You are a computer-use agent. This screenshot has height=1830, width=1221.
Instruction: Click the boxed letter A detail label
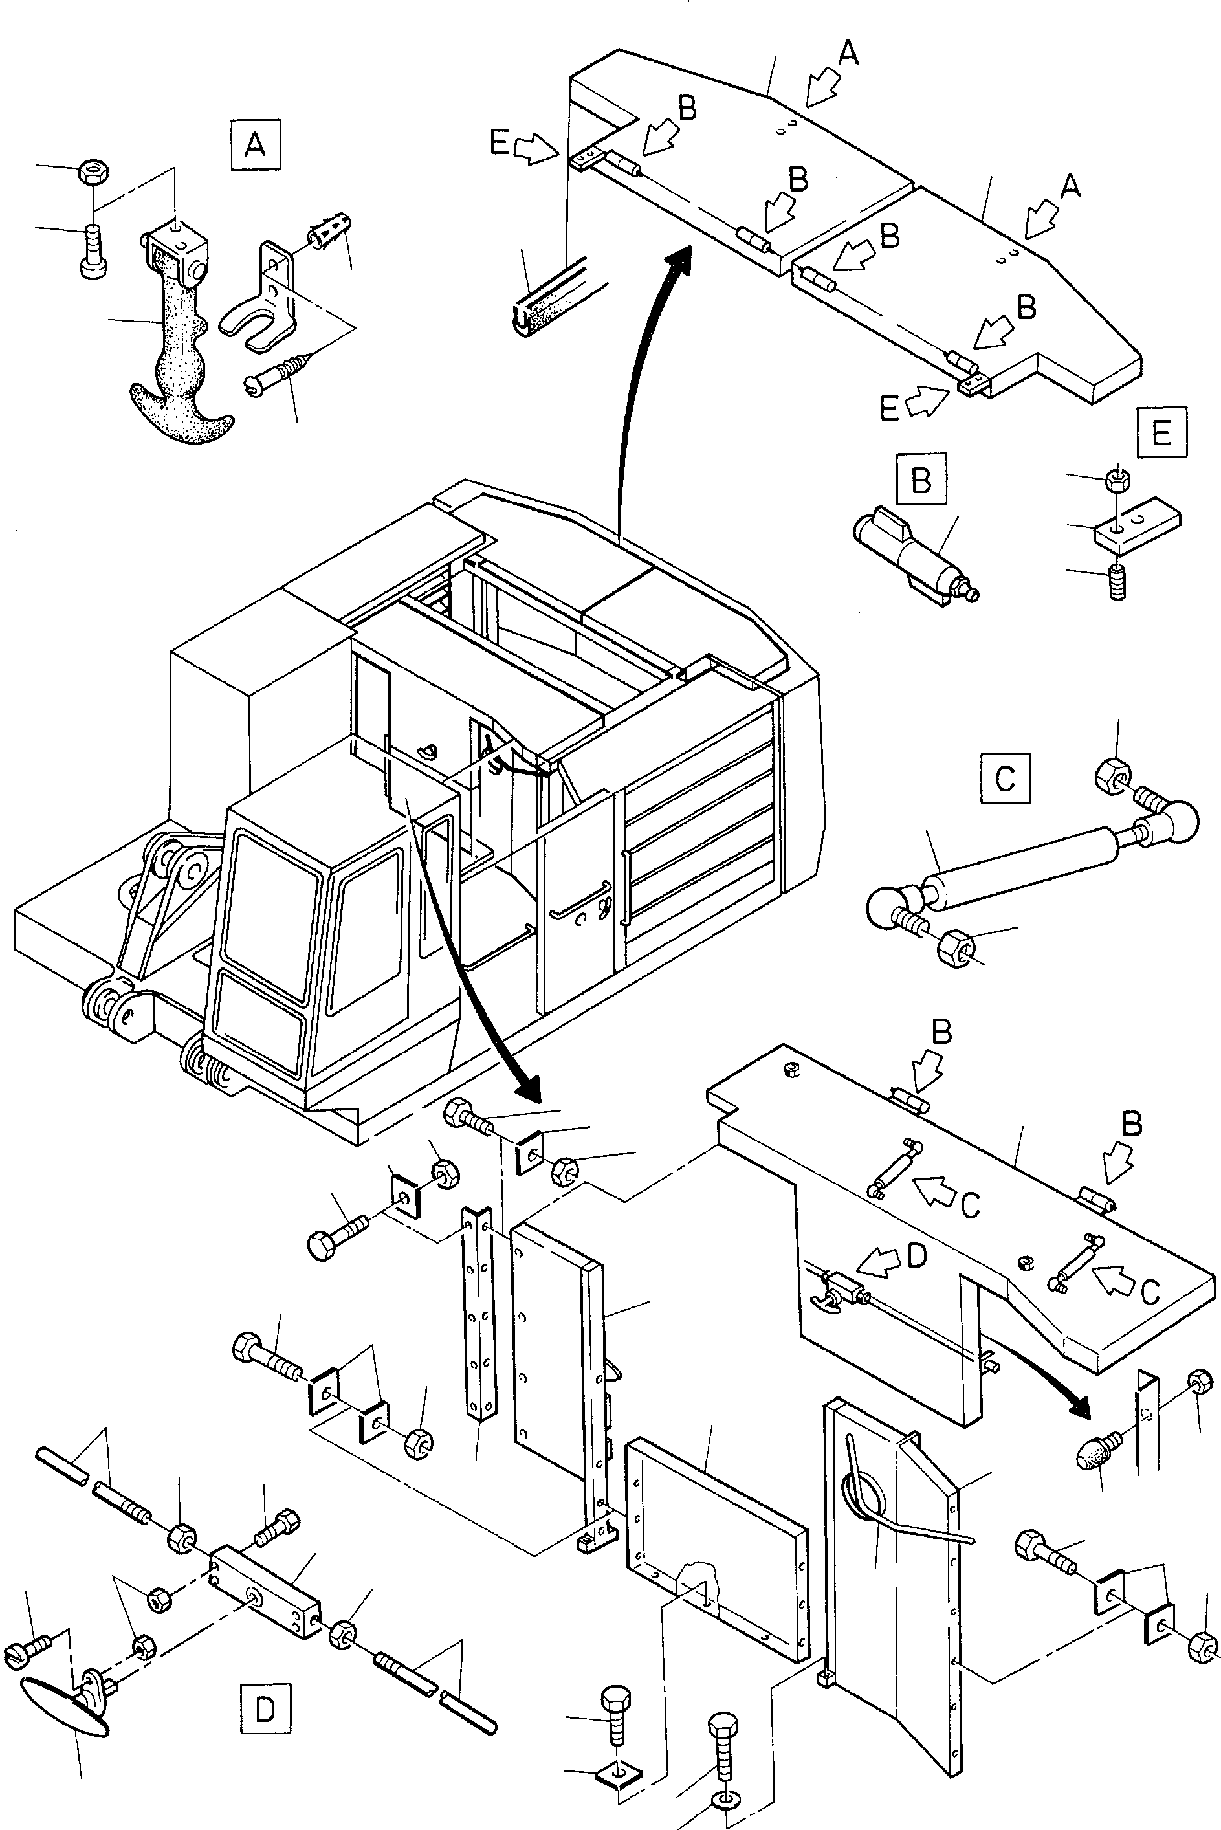[x=256, y=145]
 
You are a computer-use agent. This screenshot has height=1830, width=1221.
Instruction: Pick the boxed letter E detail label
[x=1162, y=432]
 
